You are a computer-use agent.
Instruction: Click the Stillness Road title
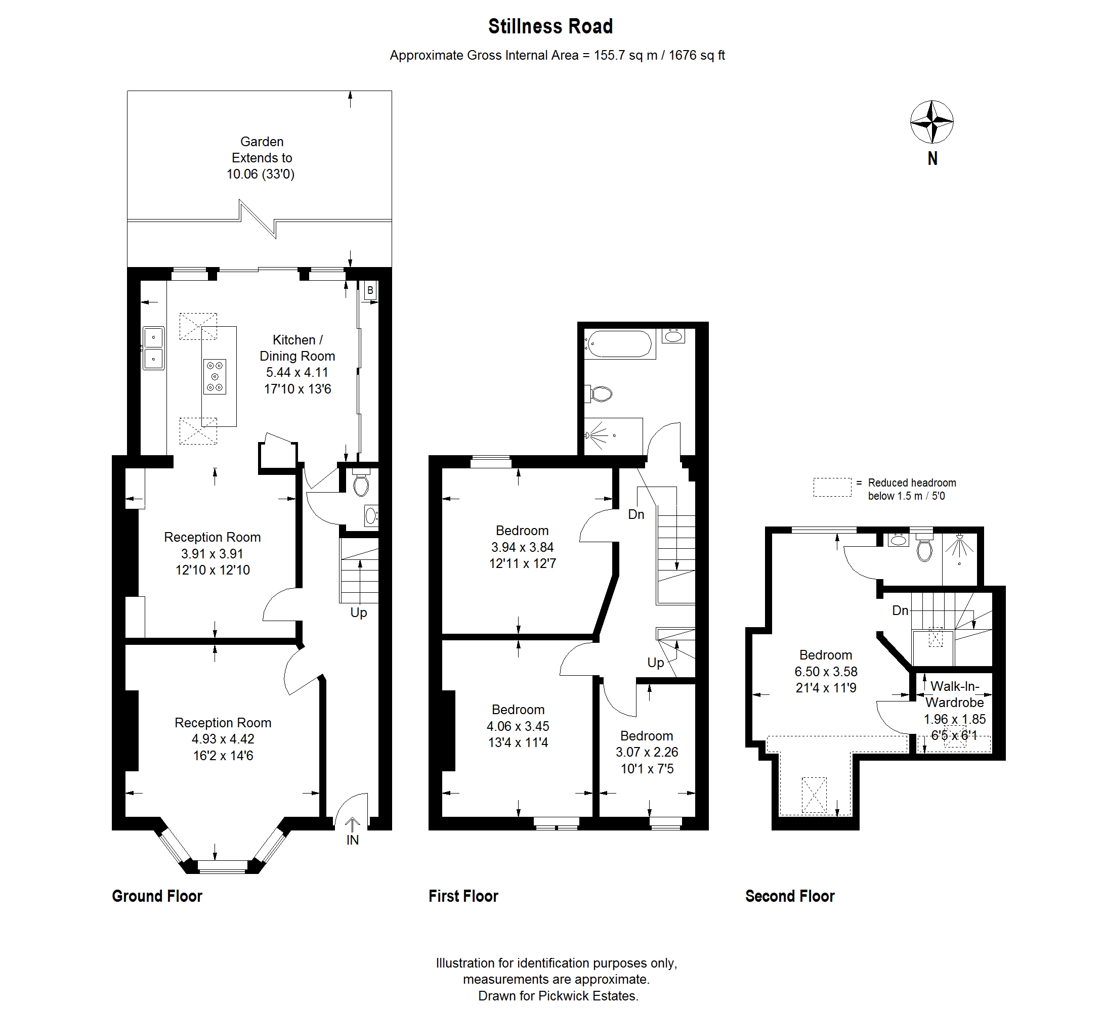pos(550,26)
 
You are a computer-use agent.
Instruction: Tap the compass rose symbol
pos(932,122)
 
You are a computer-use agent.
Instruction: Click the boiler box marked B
pos(370,290)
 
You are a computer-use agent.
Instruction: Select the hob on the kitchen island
pos(215,376)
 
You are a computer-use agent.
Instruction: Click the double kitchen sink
pos(154,348)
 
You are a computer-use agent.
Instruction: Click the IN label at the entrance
pos(353,840)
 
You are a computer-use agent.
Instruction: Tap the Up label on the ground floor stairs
pos(359,612)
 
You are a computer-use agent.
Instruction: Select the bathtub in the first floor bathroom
pos(619,344)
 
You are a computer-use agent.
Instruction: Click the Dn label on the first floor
pos(636,515)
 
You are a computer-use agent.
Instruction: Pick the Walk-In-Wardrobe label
pos(955,694)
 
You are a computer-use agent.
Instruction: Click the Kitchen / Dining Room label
pos(298,347)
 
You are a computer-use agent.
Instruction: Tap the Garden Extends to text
pos(262,150)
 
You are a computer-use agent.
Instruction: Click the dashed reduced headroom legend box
pos(832,487)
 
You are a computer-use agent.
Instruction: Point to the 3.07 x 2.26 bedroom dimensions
pos(647,752)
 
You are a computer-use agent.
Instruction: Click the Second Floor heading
pos(790,896)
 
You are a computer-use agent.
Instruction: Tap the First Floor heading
pos(463,896)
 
